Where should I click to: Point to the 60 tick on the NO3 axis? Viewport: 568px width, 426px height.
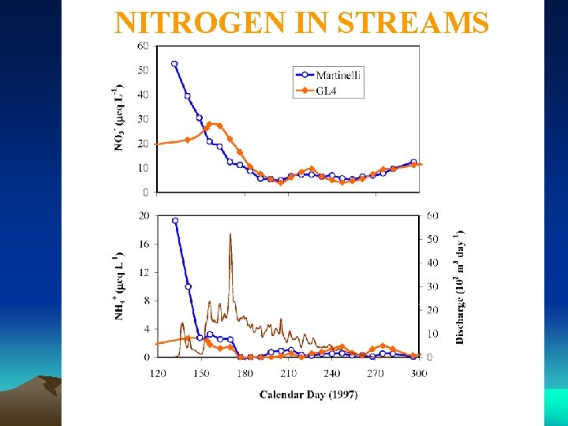pos(143,46)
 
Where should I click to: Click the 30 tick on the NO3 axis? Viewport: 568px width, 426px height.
pos(143,119)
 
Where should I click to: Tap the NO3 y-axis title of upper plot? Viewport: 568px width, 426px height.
pos(118,118)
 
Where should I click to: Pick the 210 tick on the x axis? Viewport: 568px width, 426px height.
pos(288,372)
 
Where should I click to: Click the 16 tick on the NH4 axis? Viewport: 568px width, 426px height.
pos(143,244)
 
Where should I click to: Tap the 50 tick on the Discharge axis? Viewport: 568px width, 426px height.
pos(432,239)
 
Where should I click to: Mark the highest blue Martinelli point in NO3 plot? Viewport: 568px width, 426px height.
pos(174,64)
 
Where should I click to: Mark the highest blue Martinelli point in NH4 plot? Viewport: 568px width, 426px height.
pos(174,221)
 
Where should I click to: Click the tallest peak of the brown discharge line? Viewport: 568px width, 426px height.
pos(230,234)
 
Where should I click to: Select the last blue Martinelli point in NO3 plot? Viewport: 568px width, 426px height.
pos(413,162)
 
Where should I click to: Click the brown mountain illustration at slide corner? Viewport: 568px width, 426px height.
pos(39,390)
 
